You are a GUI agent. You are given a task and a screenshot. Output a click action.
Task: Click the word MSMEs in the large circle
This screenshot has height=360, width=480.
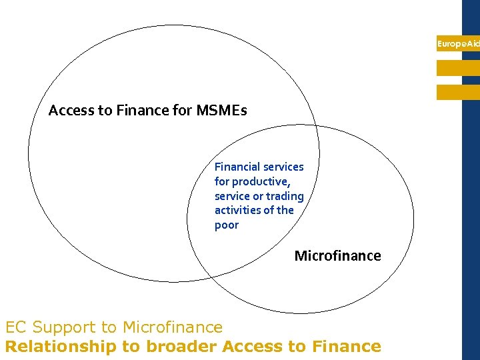[x=221, y=111]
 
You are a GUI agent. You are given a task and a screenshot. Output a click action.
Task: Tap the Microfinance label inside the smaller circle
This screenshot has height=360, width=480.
[x=337, y=256]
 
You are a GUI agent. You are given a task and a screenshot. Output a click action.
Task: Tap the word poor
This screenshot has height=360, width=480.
[x=226, y=225]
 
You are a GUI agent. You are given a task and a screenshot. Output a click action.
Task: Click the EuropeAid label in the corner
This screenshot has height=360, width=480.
[x=458, y=44]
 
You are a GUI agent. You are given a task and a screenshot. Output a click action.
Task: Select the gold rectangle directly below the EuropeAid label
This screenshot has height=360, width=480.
[x=458, y=68]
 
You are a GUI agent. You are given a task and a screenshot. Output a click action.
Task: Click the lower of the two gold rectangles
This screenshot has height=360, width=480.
[x=458, y=92]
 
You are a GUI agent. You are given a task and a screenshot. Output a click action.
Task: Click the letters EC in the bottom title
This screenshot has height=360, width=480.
[x=15, y=327]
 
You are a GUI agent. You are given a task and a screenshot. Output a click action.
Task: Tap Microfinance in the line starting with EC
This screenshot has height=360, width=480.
[x=171, y=327]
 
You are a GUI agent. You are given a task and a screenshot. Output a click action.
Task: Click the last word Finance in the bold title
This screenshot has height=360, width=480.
[x=347, y=347]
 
